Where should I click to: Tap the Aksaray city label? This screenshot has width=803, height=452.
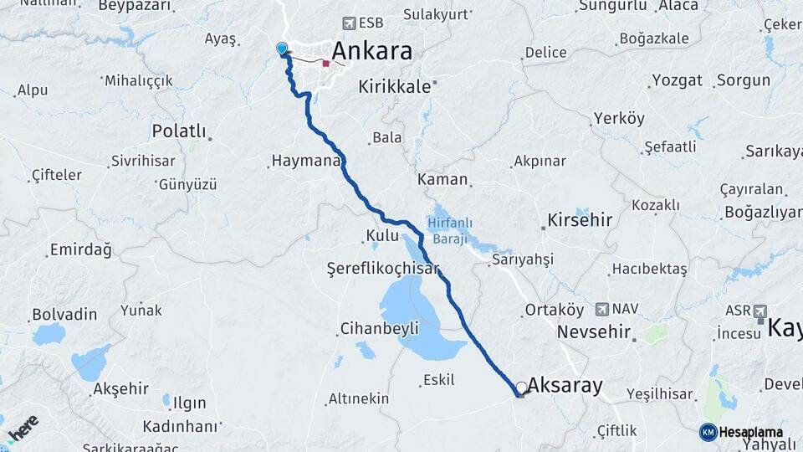coord(565,386)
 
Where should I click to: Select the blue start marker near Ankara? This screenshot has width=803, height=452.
coord(282,49)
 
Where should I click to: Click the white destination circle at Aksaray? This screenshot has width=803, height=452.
coord(522,388)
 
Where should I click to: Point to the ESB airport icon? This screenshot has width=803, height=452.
coord(349,24)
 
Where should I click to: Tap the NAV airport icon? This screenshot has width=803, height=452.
coord(602,309)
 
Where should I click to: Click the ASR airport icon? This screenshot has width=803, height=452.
coord(760,311)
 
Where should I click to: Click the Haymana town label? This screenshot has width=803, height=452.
coord(306,162)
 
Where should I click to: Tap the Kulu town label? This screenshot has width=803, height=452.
coord(381,236)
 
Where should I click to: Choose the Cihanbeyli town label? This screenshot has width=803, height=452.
coord(379,329)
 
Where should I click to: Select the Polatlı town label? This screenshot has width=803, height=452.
coord(177,131)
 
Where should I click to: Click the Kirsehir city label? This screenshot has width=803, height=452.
coord(580,220)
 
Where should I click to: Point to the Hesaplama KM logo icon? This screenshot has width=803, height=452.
coord(708,432)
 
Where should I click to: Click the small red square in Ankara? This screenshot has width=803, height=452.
coord(325,63)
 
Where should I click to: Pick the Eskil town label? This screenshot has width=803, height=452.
coord(439,380)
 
